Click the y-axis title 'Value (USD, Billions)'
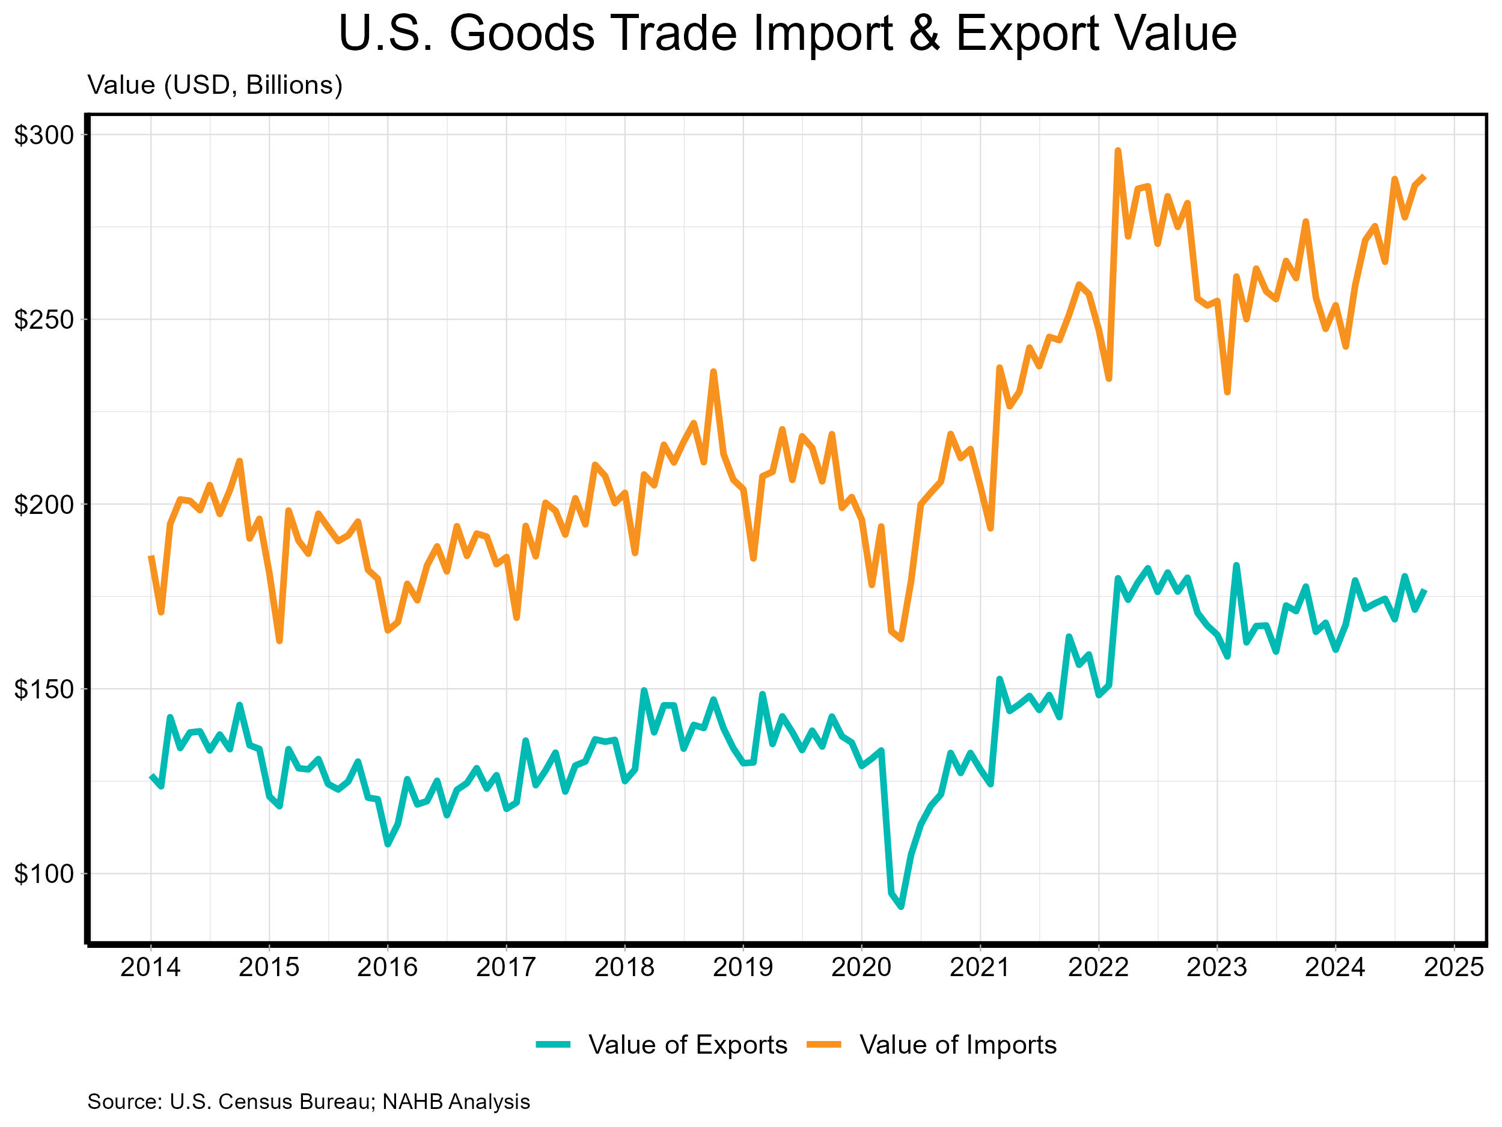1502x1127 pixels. pyautogui.click(x=215, y=85)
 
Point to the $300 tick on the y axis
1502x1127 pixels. pyautogui.click(x=43, y=135)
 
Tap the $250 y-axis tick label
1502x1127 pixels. pyautogui.click(x=43, y=320)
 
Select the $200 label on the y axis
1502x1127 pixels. pyautogui.click(x=43, y=504)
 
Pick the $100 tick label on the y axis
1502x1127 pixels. pyautogui.click(x=43, y=874)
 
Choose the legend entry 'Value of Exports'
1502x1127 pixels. pyautogui.click(x=687, y=1045)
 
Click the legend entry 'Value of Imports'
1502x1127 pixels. pyautogui.click(x=958, y=1045)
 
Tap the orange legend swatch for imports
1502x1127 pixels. pyautogui.click(x=823, y=1045)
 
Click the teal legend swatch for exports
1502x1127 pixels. pyautogui.click(x=553, y=1045)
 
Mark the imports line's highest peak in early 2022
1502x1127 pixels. pyautogui.click(x=1118, y=151)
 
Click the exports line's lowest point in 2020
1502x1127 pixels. pyautogui.click(x=900, y=906)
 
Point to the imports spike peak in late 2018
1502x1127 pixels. pyautogui.click(x=713, y=371)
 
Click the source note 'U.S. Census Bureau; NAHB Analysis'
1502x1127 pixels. pyautogui.click(x=309, y=1101)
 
